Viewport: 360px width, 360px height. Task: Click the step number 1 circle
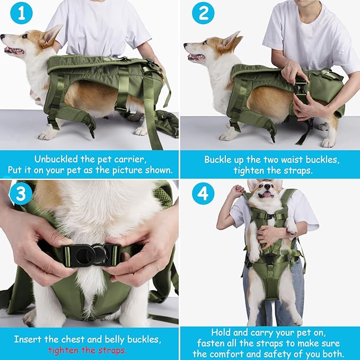(x=21, y=13)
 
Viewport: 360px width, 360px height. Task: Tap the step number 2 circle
(x=203, y=13)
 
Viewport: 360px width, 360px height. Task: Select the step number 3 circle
(x=21, y=195)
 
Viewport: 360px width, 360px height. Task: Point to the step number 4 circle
(x=203, y=195)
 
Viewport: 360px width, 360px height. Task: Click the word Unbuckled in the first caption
(x=58, y=159)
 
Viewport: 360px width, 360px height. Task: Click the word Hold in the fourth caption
(x=222, y=332)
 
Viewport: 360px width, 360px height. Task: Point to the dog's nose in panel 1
(x=3, y=38)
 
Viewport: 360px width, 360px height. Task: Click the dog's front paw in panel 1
(x=47, y=135)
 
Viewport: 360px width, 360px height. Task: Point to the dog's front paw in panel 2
(x=229, y=136)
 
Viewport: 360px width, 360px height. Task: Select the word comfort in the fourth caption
(x=236, y=354)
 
